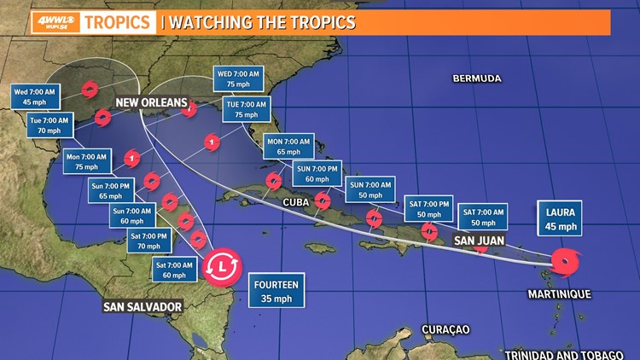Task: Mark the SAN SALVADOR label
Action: [x=143, y=306]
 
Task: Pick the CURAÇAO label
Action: [x=445, y=329]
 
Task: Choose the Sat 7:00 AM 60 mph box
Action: [x=175, y=270]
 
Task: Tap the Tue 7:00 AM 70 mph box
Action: [x=50, y=125]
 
